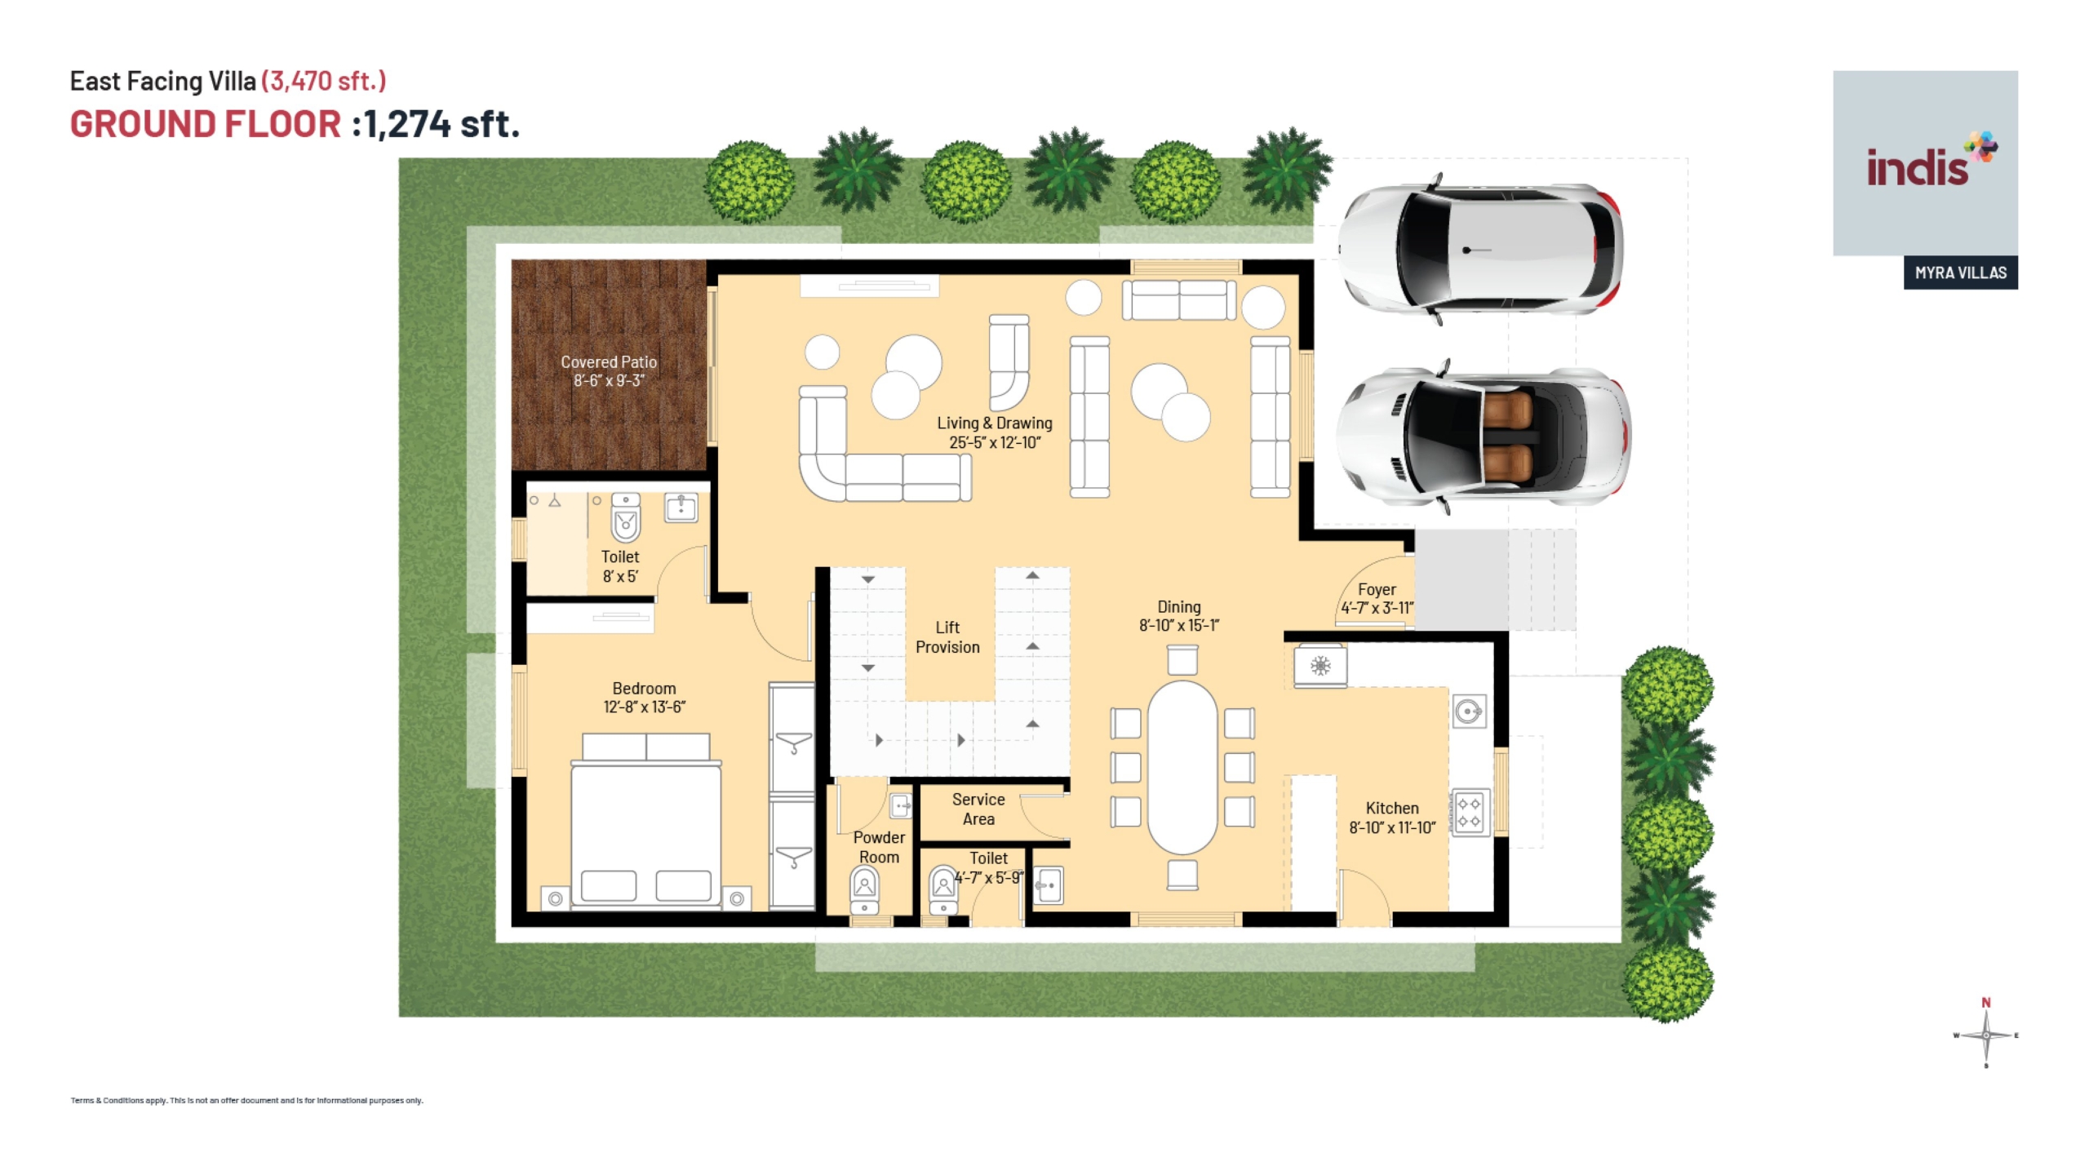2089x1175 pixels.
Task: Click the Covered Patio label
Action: pos(609,371)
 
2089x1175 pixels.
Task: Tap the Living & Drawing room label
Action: pos(995,432)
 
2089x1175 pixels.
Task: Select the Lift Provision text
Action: pos(947,637)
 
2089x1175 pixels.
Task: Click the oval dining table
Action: pos(1182,767)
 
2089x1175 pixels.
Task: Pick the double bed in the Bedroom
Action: pos(646,820)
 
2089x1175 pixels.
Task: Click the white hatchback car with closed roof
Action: pos(1479,249)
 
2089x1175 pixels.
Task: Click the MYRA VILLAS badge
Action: pos(1961,273)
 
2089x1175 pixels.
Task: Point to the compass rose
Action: pos(1986,1034)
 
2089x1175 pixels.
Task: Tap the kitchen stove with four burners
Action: pos(1469,812)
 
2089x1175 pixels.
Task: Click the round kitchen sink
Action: pos(1469,712)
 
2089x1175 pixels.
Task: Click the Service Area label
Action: pos(978,809)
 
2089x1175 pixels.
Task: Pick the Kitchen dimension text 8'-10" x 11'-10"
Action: pos(1392,827)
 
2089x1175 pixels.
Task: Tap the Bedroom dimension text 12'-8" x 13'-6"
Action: pos(644,707)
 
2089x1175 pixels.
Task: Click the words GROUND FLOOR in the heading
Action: pos(206,124)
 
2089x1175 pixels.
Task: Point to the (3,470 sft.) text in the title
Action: pos(324,81)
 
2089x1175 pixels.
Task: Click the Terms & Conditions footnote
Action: pos(247,1100)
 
